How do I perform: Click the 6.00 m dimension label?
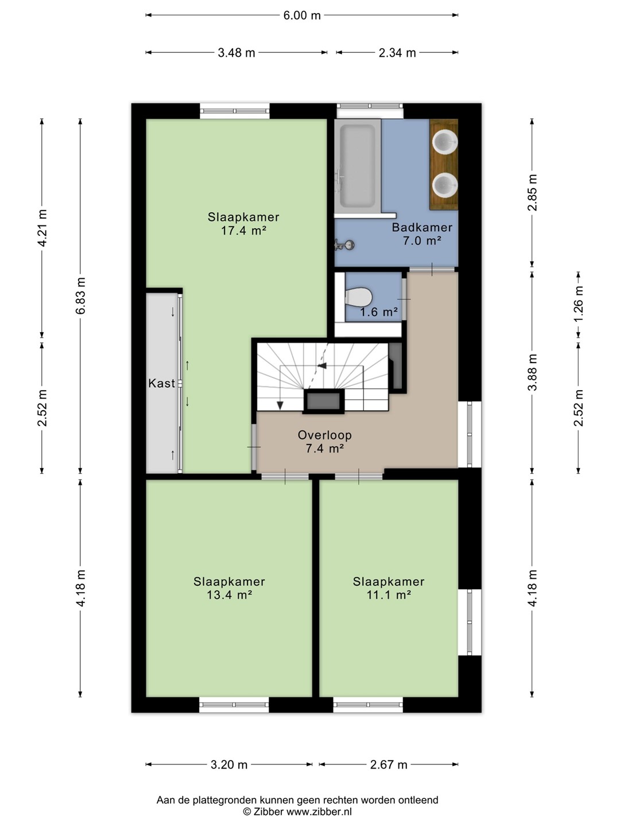pos(301,15)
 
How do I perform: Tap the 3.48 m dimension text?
pos(237,53)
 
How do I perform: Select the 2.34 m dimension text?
pos(397,53)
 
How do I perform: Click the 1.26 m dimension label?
pos(579,303)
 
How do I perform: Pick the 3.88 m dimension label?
pos(532,372)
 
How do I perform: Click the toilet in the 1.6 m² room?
pos(358,297)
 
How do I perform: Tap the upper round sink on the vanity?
pos(445,142)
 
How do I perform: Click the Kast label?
pos(161,384)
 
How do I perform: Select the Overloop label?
pos(325,435)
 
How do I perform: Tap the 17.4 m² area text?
pos(243,230)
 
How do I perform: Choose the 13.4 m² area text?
pos(229,595)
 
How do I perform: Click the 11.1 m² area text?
pos(389,595)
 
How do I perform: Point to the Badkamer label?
pos(422,227)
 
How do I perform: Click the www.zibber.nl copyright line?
pos(297,812)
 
